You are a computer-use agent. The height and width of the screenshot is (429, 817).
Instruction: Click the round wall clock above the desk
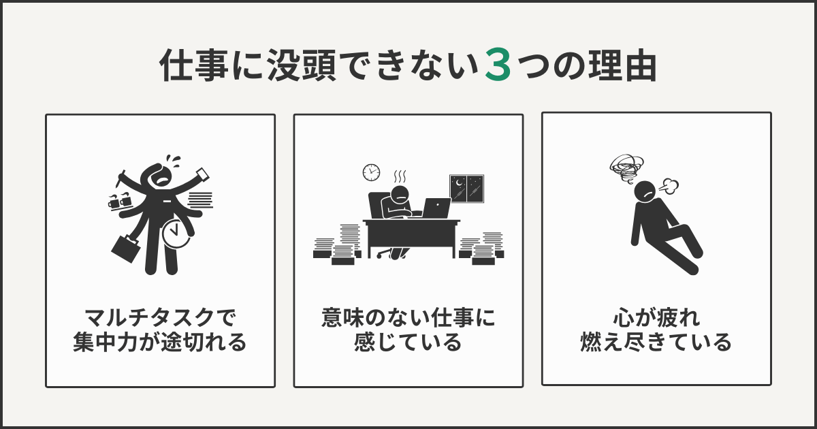371,172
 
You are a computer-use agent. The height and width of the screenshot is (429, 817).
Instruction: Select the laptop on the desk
436,207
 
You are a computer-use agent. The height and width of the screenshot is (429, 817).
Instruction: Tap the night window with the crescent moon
466,189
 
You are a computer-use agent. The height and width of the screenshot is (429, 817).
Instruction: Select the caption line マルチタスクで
160,318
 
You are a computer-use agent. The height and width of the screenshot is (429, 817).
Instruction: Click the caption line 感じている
408,342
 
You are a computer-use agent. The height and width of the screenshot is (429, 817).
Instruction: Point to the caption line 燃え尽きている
656,341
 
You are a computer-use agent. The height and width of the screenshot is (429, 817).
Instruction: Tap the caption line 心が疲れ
656,317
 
